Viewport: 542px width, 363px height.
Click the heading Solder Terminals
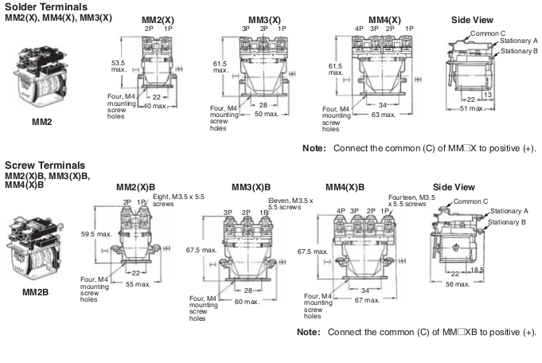(46, 7)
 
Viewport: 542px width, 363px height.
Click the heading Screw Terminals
(45, 166)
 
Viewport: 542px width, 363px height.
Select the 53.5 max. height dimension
(119, 66)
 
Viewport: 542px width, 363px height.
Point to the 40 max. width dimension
(155, 106)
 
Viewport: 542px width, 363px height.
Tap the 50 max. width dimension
(267, 114)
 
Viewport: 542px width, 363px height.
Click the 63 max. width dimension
(384, 115)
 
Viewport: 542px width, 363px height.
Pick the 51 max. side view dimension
(472, 108)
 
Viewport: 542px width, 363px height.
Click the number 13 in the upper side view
(487, 95)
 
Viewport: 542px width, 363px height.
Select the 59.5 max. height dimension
(96, 234)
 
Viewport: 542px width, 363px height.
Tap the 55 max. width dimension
(138, 284)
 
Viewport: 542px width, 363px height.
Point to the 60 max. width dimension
(247, 302)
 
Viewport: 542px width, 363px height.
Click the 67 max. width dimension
(367, 300)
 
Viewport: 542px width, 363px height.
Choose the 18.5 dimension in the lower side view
(477, 270)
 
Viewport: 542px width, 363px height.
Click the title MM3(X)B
(251, 187)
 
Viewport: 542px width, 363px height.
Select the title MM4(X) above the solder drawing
(384, 20)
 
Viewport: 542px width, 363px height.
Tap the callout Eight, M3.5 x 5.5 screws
(178, 200)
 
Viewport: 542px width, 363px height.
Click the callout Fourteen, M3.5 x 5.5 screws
(411, 201)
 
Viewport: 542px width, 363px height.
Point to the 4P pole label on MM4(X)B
(341, 211)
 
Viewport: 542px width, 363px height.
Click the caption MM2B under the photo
(35, 292)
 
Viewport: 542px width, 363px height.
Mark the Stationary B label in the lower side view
(507, 222)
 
